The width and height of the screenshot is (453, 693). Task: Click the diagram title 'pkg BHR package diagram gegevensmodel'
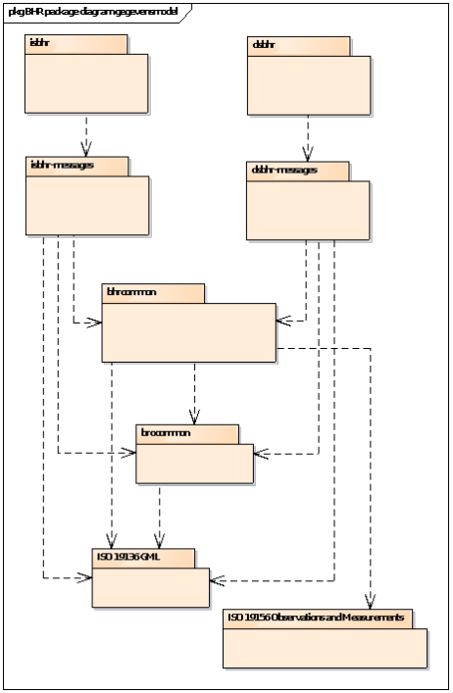tap(94, 11)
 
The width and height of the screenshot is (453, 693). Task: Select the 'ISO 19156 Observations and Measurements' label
tap(317, 618)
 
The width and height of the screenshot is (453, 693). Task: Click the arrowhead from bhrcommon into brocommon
tap(195, 418)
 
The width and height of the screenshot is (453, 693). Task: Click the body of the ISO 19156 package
tap(325, 648)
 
